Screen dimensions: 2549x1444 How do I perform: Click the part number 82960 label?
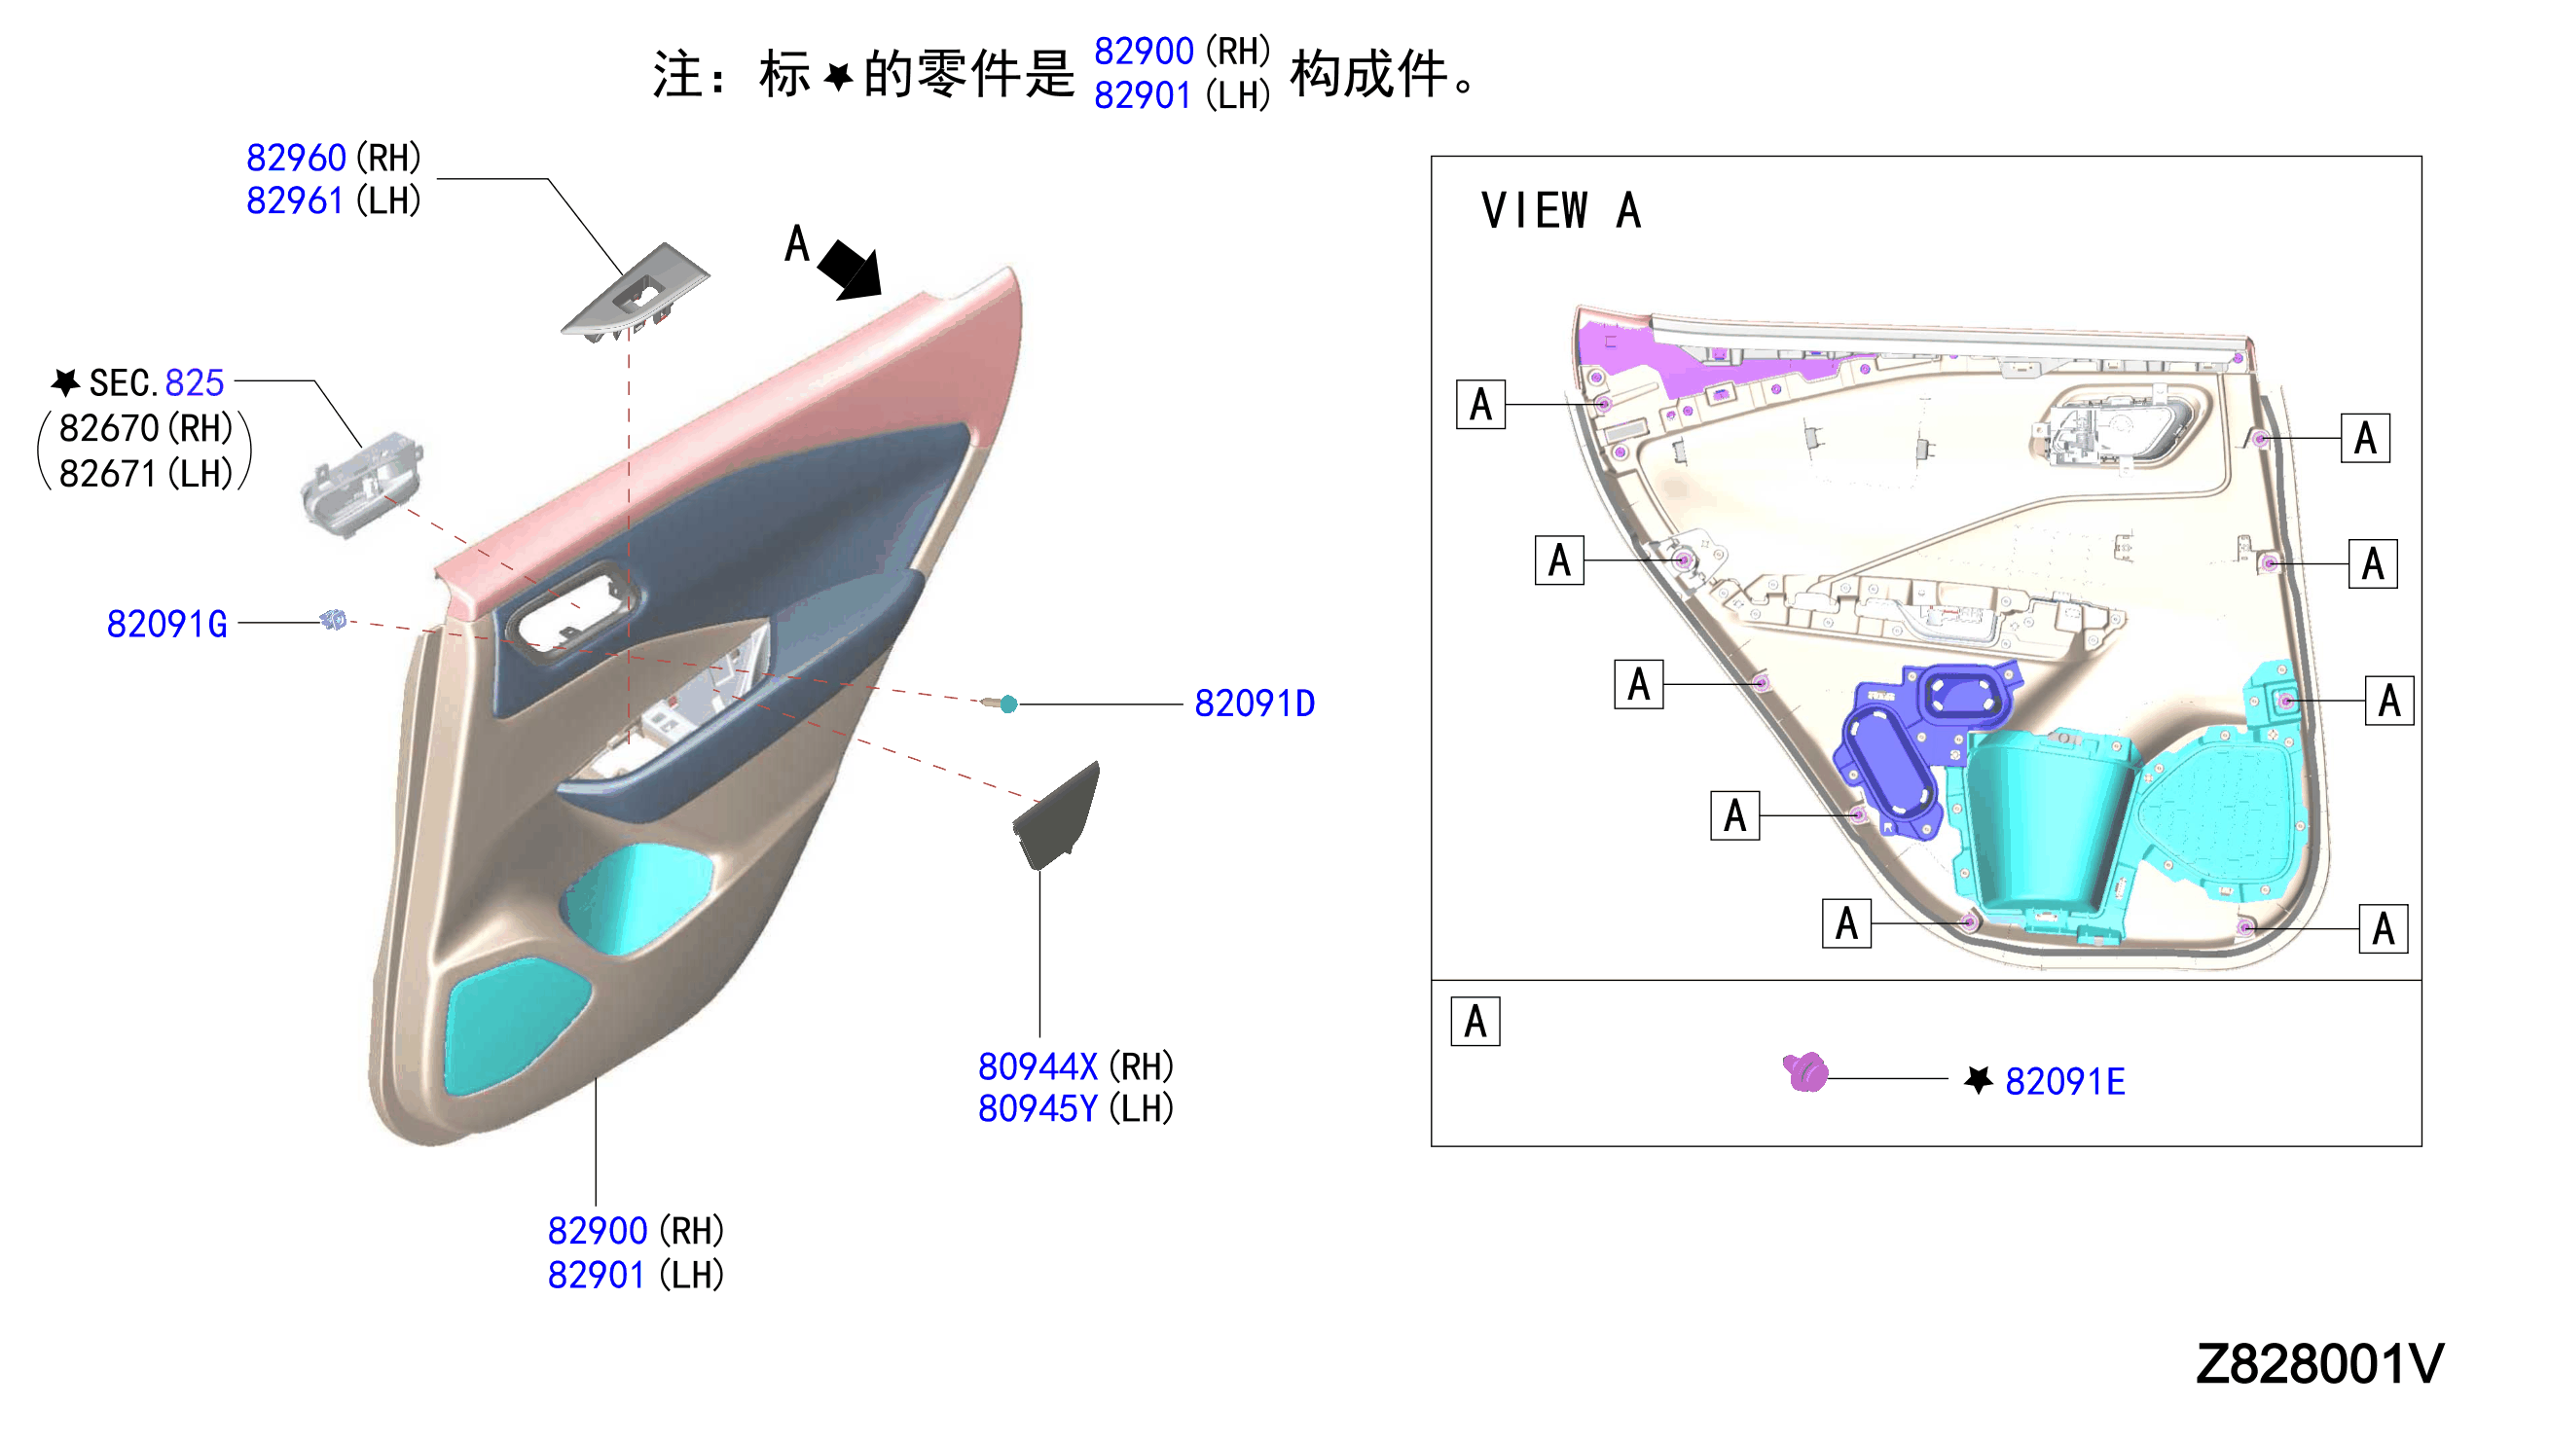tap(296, 158)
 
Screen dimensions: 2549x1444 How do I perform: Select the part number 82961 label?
tap(295, 201)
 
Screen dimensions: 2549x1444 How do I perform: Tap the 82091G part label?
tap(166, 625)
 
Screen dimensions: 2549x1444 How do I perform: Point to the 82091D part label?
tap(1255, 704)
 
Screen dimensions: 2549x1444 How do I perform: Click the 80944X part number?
tap(1038, 1067)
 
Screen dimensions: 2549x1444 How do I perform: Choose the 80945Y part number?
tap(1038, 1110)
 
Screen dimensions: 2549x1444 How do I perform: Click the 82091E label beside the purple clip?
tap(2065, 1082)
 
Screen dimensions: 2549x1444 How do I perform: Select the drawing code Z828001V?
tap(2320, 1364)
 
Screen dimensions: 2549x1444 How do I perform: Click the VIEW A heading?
tap(1561, 211)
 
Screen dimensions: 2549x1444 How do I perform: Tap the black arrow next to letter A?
tap(851, 269)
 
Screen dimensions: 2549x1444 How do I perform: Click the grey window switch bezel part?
tap(636, 293)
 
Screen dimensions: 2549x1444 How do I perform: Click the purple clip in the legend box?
tap(1806, 1072)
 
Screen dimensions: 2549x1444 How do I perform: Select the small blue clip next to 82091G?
tap(333, 620)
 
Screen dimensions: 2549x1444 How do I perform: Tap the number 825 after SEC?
tap(195, 382)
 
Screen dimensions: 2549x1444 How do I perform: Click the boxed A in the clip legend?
tap(1475, 1023)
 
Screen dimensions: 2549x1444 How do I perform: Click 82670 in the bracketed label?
tap(109, 429)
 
